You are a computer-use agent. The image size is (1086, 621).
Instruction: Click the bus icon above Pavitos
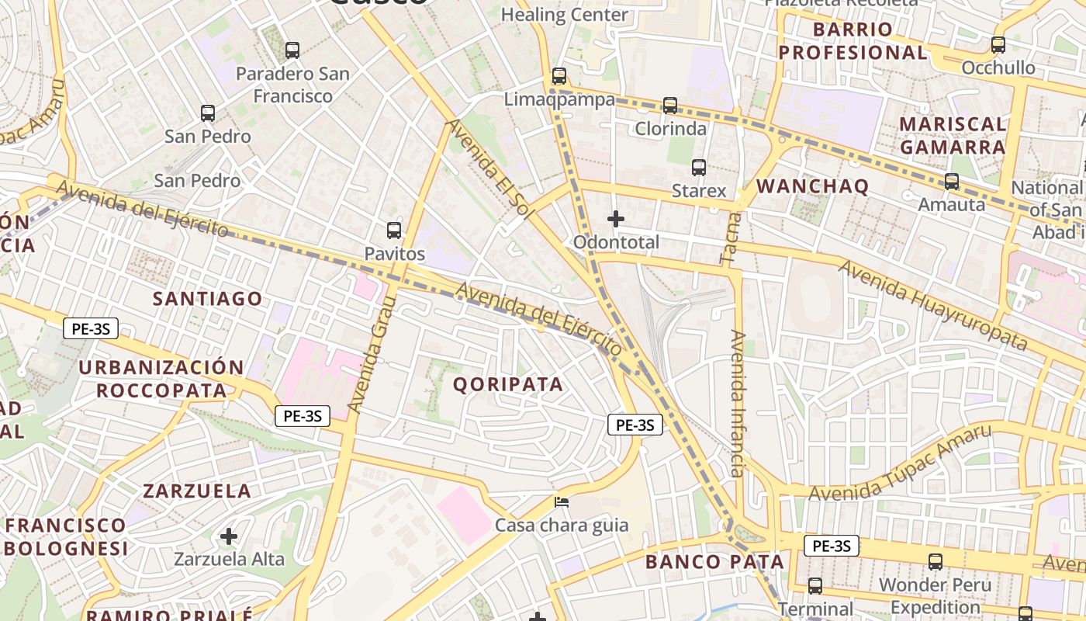(394, 231)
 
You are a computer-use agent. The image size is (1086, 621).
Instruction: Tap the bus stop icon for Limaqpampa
(559, 76)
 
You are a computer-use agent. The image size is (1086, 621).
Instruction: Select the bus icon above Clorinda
(670, 105)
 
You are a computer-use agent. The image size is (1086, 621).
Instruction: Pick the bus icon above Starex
(699, 168)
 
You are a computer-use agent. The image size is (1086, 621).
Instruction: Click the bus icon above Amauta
(951, 182)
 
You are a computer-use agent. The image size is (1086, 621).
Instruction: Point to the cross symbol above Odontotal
(616, 219)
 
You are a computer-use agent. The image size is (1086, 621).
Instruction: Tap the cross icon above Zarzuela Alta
(229, 536)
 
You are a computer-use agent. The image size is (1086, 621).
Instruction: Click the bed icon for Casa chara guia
(562, 502)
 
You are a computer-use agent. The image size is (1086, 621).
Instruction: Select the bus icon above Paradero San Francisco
(292, 50)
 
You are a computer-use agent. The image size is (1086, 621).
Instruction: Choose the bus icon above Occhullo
(998, 45)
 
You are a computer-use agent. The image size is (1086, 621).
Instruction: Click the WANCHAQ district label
(812, 186)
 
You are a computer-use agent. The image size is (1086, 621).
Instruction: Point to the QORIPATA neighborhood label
(507, 384)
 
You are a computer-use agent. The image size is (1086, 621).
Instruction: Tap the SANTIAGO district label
(207, 299)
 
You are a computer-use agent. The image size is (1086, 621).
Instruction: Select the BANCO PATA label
(714, 561)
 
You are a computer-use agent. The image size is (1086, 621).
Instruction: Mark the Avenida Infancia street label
(738, 404)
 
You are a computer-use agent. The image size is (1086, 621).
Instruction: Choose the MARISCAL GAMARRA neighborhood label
(953, 135)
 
